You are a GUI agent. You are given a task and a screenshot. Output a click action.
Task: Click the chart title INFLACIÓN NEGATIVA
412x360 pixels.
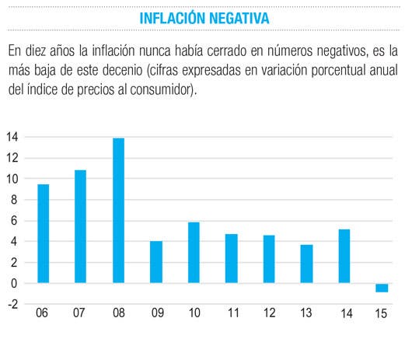pyautogui.click(x=204, y=18)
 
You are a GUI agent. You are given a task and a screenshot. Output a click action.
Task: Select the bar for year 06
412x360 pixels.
pyautogui.click(x=43, y=233)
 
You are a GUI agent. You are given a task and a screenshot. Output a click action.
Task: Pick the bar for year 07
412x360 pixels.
pyautogui.click(x=80, y=226)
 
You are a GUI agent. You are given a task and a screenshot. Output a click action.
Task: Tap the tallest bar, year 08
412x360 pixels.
pyautogui.click(x=118, y=211)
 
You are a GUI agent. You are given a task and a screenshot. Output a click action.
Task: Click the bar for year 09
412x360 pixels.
pyautogui.click(x=156, y=262)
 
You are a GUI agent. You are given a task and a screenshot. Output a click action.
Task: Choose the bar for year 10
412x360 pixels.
pyautogui.click(x=194, y=253)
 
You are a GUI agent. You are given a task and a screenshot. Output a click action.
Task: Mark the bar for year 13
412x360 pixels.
pyautogui.click(x=306, y=264)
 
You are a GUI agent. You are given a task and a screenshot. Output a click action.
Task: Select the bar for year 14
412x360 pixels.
pyautogui.click(x=344, y=257)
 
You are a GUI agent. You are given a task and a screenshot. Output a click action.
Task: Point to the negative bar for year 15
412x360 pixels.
pyautogui.click(x=382, y=288)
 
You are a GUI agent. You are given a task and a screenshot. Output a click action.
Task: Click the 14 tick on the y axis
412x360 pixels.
pyautogui.click(x=12, y=137)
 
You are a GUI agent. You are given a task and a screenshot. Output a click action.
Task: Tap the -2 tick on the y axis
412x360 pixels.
pyautogui.click(x=13, y=304)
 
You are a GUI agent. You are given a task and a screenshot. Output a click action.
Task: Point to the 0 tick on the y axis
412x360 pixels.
pyautogui.click(x=14, y=284)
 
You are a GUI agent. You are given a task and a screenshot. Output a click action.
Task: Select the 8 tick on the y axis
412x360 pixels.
pyautogui.click(x=14, y=200)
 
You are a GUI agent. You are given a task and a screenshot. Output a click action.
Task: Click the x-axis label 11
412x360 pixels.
pyautogui.click(x=233, y=313)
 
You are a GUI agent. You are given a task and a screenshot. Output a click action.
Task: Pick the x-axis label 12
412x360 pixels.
pyautogui.click(x=269, y=313)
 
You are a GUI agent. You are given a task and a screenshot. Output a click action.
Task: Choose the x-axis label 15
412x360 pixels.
pyautogui.click(x=381, y=313)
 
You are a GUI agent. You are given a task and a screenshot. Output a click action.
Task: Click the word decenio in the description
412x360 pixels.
pyautogui.click(x=123, y=70)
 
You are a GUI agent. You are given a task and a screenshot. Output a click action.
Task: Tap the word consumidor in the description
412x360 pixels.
pyautogui.click(x=160, y=90)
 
